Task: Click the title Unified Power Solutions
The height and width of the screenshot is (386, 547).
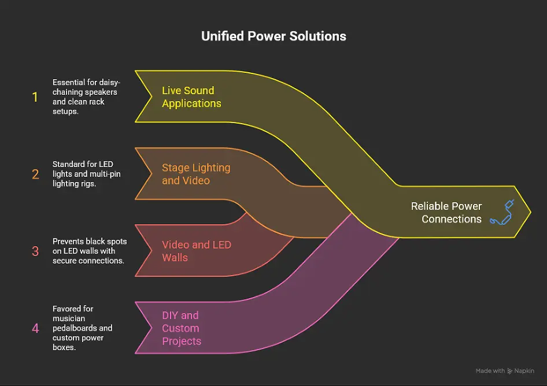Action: click(x=273, y=36)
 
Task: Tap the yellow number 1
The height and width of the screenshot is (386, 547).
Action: click(x=35, y=96)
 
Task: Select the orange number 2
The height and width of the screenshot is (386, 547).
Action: click(x=35, y=173)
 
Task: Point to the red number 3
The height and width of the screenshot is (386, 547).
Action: click(x=35, y=251)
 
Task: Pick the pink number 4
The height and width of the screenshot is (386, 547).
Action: click(x=35, y=328)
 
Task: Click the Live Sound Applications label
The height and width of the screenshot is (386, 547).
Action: click(x=191, y=97)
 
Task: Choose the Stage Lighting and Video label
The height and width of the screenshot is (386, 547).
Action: click(x=196, y=174)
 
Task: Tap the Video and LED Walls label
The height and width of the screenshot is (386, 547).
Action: click(x=196, y=251)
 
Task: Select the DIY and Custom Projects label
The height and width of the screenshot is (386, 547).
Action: click(x=182, y=328)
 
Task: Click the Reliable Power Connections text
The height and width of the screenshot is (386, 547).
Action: click(x=446, y=213)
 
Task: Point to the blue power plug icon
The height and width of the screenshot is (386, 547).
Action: click(x=501, y=212)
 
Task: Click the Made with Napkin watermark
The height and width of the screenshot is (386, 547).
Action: click(x=504, y=371)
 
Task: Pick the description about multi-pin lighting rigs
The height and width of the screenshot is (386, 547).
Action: click(x=86, y=173)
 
